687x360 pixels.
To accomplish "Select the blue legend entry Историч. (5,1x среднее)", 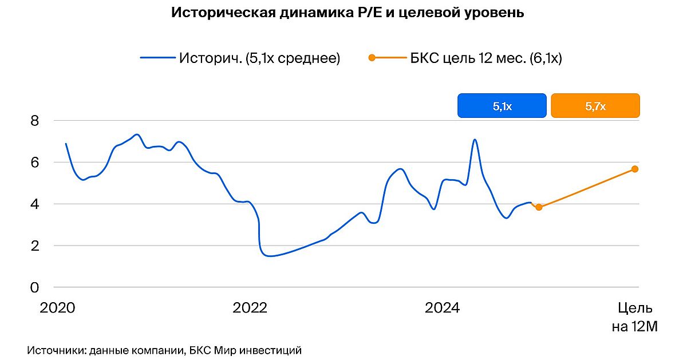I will pos(240,58).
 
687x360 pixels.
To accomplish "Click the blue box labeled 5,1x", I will pos(502,106).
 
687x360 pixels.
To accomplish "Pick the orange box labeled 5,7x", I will pos(595,106).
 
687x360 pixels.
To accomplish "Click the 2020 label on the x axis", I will pos(57,308).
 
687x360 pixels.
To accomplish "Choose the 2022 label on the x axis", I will pos(250,308).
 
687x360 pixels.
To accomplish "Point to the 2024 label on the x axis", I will pos(442,308).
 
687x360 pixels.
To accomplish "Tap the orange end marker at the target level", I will pos(635,169).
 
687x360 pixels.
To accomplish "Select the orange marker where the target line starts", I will pos(539,207).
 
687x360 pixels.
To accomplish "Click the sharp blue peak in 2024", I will pos(475,140).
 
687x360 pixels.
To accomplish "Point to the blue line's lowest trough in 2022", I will pos(270,256).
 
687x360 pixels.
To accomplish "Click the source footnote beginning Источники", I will pos(164,350).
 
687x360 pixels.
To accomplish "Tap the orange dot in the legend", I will pos(372,58).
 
